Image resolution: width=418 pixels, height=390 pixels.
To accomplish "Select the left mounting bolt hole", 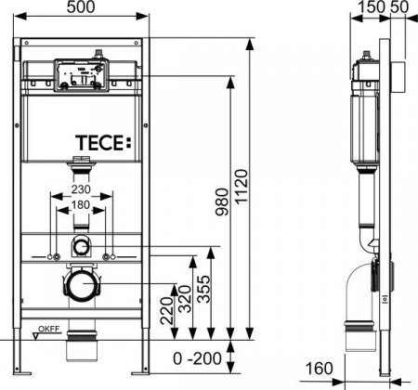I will [57, 255].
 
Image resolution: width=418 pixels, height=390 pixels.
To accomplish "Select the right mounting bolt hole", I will [108, 255].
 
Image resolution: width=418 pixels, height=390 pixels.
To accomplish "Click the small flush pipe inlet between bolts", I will [82, 246].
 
